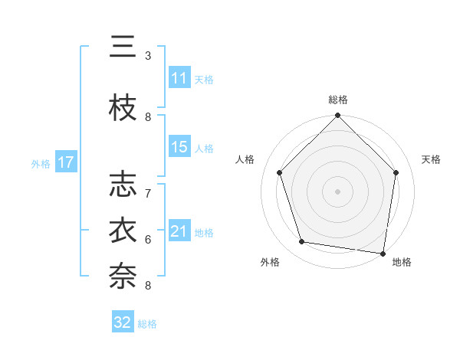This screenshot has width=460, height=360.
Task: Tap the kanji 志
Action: click(x=123, y=184)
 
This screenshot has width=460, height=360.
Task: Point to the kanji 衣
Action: click(x=123, y=231)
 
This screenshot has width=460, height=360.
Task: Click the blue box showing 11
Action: click(x=179, y=78)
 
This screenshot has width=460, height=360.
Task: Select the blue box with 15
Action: click(x=179, y=147)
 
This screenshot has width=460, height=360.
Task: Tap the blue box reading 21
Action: click(x=179, y=231)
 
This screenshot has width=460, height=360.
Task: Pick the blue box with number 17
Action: click(x=65, y=162)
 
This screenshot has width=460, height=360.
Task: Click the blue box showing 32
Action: click(x=123, y=322)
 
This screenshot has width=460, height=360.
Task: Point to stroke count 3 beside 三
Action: click(x=148, y=56)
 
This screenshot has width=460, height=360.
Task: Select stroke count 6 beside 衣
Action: click(x=148, y=239)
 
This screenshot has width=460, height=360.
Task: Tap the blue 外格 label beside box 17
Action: click(x=41, y=163)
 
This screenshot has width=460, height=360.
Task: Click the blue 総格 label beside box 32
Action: click(x=147, y=324)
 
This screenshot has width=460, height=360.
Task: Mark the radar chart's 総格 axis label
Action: click(x=337, y=100)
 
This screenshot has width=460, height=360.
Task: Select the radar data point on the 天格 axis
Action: click(x=396, y=172)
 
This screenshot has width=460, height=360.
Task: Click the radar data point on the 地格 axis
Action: click(x=383, y=252)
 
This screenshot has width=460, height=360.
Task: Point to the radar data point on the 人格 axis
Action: click(x=280, y=172)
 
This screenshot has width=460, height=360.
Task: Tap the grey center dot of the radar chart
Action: click(x=337, y=191)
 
